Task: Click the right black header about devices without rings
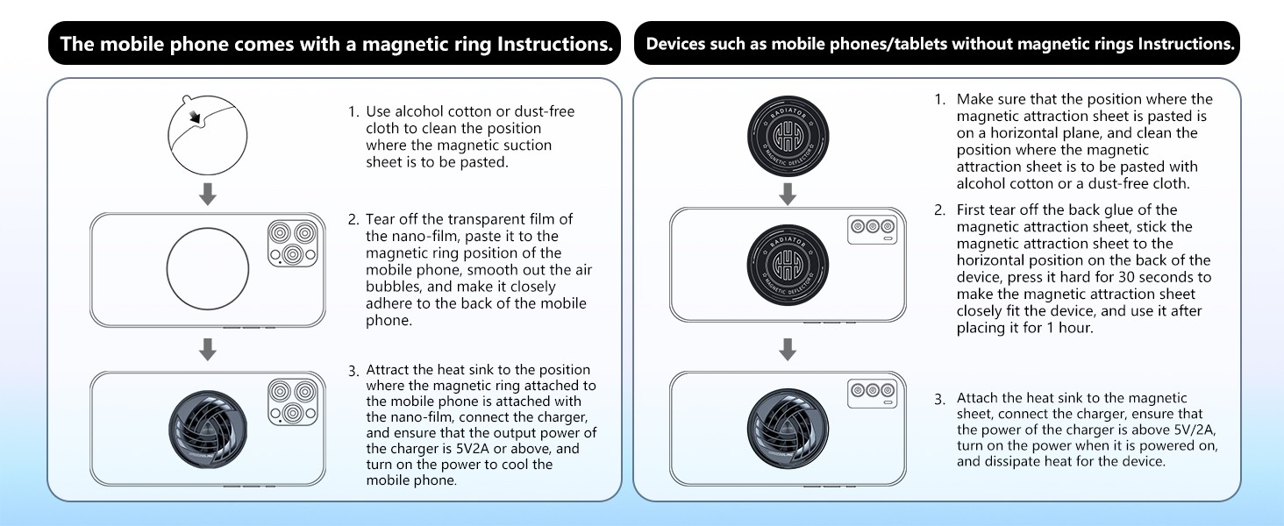tap(937, 44)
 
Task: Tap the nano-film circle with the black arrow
tap(203, 134)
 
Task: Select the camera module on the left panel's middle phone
tap(292, 245)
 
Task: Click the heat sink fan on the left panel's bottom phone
tap(207, 429)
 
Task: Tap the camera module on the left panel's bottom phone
tap(292, 402)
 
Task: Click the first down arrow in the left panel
tap(208, 195)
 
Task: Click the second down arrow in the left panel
tap(208, 350)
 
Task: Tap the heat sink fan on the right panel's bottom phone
tap(788, 429)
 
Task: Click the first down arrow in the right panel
tap(788, 195)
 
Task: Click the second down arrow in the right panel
tap(788, 350)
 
